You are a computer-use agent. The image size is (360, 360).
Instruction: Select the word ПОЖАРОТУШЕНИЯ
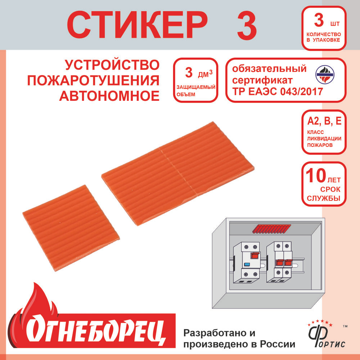93,81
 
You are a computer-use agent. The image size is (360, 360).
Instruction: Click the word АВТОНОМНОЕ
109,96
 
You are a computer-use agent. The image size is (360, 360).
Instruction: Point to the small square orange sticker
71,228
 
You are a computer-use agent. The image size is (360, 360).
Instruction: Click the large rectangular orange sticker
178,174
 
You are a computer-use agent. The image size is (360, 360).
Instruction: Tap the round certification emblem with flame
325,75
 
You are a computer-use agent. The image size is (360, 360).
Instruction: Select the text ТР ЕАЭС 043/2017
278,91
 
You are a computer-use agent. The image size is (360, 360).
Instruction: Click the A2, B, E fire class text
324,121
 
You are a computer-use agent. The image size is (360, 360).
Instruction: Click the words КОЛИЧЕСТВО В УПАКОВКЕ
324,37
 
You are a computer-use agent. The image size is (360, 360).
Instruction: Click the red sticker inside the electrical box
271,229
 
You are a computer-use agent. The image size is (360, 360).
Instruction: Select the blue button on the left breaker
247,265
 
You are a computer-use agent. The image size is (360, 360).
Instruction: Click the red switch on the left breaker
256,255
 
